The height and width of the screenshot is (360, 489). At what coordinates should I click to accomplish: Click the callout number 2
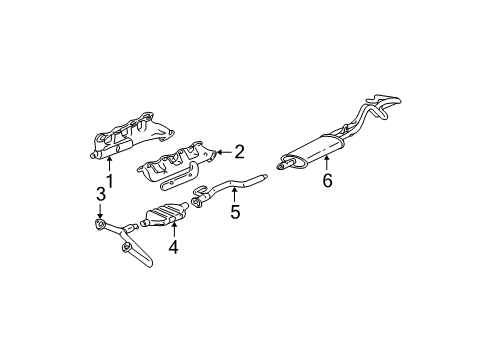[239, 152]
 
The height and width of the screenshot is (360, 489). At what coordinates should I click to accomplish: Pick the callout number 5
[236, 213]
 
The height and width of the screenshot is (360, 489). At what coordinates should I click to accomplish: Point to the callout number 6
[326, 181]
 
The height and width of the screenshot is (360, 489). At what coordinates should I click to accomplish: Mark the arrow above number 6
[326, 164]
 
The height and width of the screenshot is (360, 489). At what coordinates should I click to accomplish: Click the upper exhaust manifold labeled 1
[140, 135]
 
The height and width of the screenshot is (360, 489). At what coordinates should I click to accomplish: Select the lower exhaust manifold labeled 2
[180, 160]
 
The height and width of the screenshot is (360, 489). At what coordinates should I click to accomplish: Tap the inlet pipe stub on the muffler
[283, 159]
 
